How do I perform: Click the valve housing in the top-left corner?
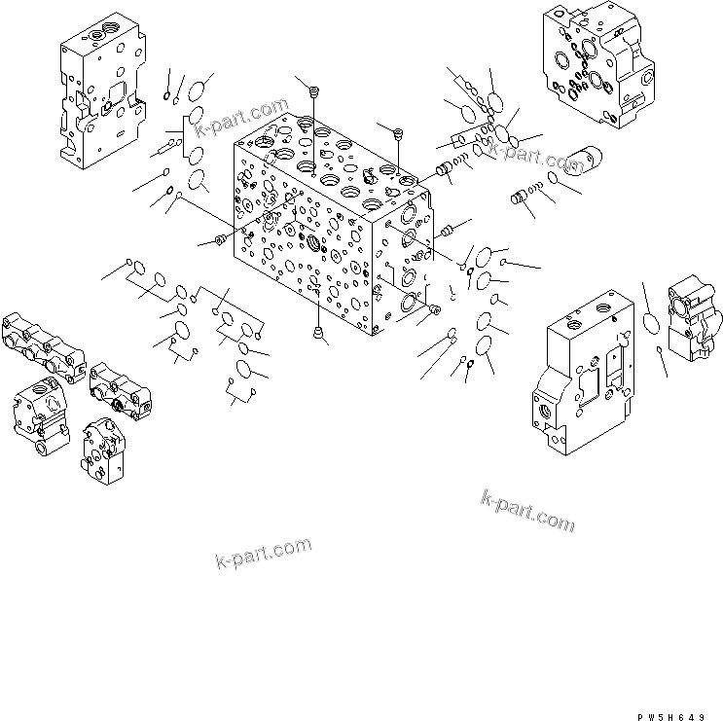pos(99,94)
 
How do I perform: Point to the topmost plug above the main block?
pos(313,91)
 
